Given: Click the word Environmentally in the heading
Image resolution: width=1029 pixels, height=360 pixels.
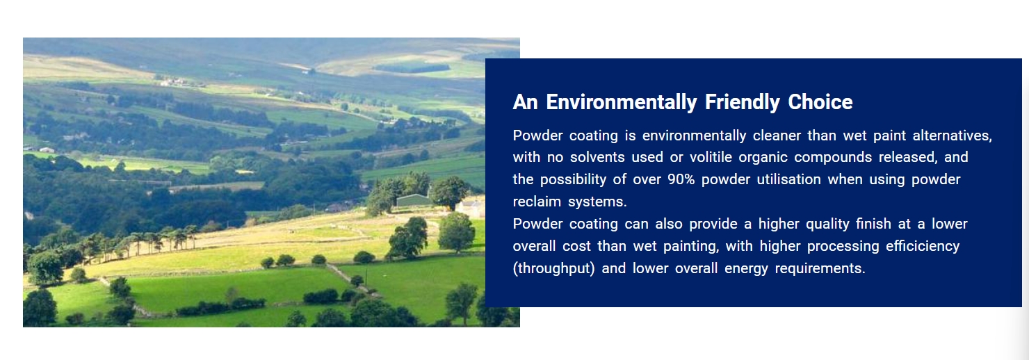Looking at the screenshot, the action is coord(622,102).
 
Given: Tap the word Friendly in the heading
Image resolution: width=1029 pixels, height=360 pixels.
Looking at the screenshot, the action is coord(743,102).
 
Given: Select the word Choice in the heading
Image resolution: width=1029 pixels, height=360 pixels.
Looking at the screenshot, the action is coord(820,102).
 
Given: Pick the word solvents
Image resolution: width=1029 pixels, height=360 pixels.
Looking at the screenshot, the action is coord(597,157).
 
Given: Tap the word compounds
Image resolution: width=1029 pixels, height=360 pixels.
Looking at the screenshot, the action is coord(833,158).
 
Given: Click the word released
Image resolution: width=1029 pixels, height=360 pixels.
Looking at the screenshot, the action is coord(908,158).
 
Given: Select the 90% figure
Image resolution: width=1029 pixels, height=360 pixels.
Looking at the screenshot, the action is coord(681,179).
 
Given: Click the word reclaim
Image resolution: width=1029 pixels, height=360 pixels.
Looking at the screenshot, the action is coord(537,202).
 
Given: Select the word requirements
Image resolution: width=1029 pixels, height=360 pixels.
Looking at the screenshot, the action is coord(820,269).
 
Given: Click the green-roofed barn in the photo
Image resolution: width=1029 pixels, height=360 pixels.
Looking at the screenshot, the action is coord(414,200).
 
